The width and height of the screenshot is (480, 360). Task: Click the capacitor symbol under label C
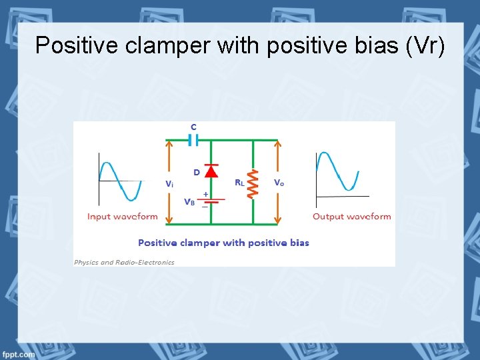193,140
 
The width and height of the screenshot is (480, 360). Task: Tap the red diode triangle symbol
211,171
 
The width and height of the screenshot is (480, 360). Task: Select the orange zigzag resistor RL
253,183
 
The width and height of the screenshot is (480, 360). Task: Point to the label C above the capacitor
193,127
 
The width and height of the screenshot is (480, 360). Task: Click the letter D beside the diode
197,172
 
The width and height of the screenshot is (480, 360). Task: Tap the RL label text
239,182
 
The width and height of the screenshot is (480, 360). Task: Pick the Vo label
279,182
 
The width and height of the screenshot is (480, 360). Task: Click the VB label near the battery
189,201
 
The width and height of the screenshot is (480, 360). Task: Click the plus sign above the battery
205,194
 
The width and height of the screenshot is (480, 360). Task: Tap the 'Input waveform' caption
123,217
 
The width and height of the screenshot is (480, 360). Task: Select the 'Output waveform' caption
352,217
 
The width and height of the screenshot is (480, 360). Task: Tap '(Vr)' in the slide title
423,45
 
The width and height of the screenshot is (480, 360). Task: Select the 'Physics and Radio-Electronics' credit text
124,262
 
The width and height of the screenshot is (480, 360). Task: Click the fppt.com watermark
18,354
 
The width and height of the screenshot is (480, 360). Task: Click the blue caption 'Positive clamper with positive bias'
223,243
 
